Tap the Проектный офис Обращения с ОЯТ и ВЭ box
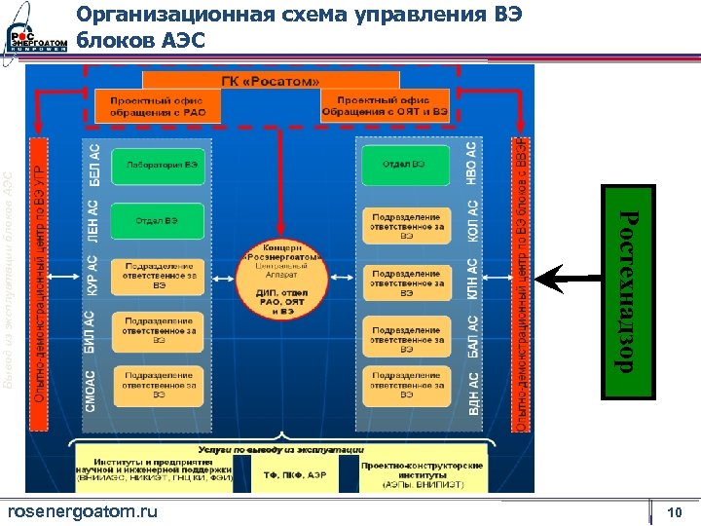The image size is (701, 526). pyautogui.click(x=392, y=106)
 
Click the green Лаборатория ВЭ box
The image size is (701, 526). pyautogui.click(x=158, y=165)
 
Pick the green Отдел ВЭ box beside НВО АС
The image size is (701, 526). pyautogui.click(x=407, y=165)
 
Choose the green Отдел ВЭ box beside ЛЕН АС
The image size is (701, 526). pyautogui.click(x=158, y=221)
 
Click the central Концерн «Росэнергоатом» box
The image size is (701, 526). pyautogui.click(x=279, y=278)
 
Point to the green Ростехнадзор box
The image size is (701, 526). pyautogui.click(x=627, y=291)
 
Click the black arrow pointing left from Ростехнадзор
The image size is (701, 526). pyautogui.click(x=569, y=282)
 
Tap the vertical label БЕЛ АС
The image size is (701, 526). pyautogui.click(x=94, y=166)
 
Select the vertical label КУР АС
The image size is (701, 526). pyautogui.click(x=93, y=277)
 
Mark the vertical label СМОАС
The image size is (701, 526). pyautogui.click(x=92, y=388)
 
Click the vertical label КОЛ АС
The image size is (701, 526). pyautogui.click(x=472, y=221)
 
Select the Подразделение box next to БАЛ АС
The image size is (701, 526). pyautogui.click(x=407, y=333)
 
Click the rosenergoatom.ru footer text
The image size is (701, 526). pyautogui.click(x=82, y=512)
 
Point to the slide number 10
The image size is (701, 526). pyautogui.click(x=674, y=512)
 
